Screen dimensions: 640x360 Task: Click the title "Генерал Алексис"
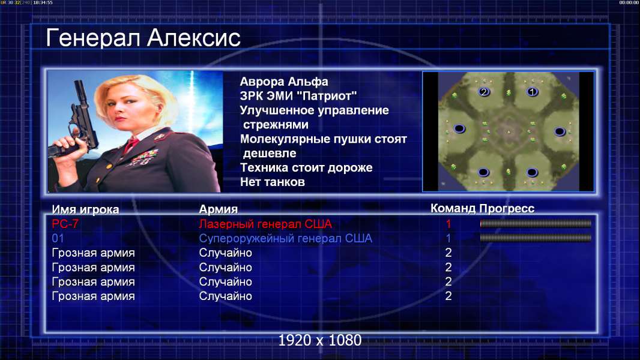coord(143,38)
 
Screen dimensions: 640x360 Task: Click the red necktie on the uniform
coord(131,145)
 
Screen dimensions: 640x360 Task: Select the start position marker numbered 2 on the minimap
coord(484,92)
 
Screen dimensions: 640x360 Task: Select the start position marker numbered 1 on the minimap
coord(532,92)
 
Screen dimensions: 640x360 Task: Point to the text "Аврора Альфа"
coord(283,82)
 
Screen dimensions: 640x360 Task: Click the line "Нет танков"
coord(273,182)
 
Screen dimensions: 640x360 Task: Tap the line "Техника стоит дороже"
coord(306,167)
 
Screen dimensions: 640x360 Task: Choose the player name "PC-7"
coord(65,224)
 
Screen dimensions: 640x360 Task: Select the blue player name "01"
coord(58,238)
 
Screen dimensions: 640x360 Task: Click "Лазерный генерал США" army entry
coord(265,224)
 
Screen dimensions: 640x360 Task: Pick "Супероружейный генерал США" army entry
coord(285,238)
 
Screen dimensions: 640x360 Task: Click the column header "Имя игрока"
coord(85,209)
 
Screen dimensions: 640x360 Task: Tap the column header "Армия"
coord(219,209)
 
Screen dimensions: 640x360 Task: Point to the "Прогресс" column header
coord(507,209)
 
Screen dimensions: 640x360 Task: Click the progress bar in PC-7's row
coord(536,223)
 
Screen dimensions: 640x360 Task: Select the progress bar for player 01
coord(536,238)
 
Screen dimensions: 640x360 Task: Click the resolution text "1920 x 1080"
coord(320,340)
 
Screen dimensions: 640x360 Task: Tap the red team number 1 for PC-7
coord(448,224)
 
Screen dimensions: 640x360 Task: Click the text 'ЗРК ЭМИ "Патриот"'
coord(298,96)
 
